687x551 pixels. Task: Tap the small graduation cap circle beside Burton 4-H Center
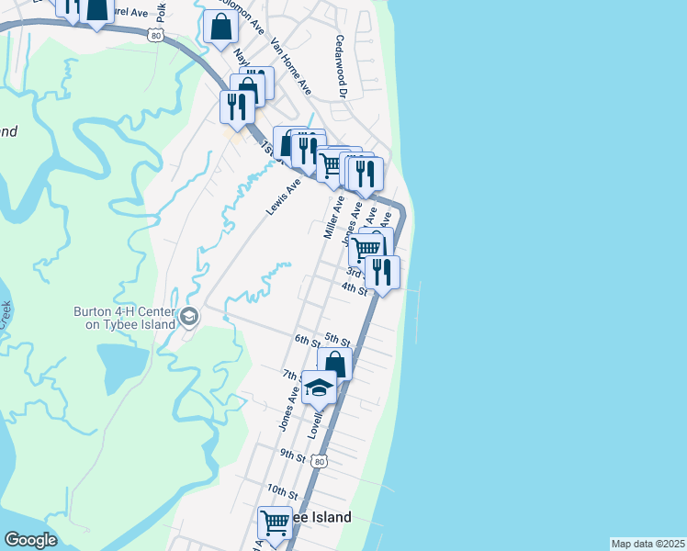pyautogui.click(x=189, y=318)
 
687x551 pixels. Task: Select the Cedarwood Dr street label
pyautogui.click(x=342, y=66)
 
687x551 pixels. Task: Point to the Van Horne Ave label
pyautogui.click(x=290, y=67)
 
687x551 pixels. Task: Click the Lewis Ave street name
pyautogui.click(x=284, y=197)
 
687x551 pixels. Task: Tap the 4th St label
pyautogui.click(x=355, y=288)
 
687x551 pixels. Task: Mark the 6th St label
pyautogui.click(x=306, y=340)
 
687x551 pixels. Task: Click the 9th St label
pyautogui.click(x=292, y=455)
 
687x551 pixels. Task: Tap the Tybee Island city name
pyautogui.click(x=317, y=518)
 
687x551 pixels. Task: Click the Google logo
pyautogui.click(x=30, y=540)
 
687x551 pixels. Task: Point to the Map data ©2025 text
pyautogui.click(x=648, y=544)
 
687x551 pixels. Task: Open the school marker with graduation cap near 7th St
pyautogui.click(x=319, y=388)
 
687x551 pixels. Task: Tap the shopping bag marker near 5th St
pyautogui.click(x=335, y=364)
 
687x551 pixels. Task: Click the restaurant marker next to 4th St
pyautogui.click(x=382, y=272)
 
